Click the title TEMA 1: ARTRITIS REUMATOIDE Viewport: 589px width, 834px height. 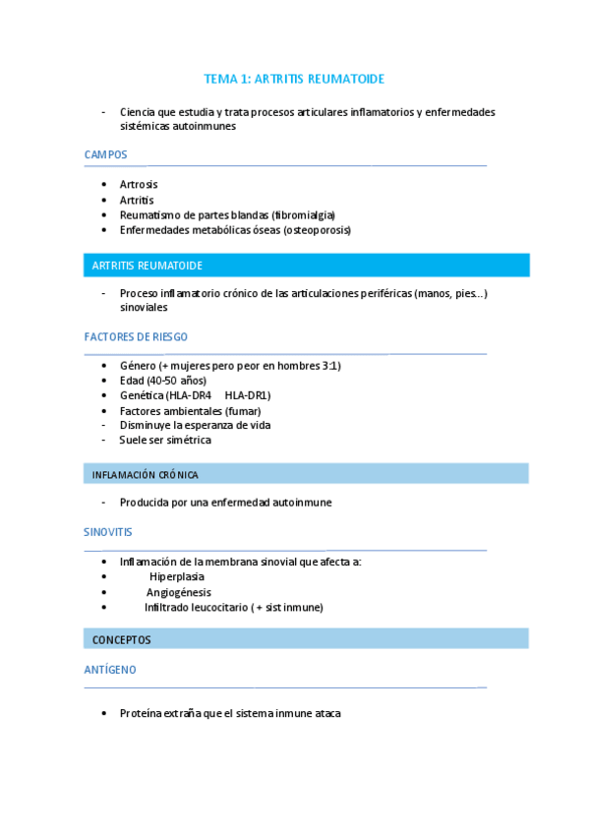[x=294, y=79]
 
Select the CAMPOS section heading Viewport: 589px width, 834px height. [x=106, y=154]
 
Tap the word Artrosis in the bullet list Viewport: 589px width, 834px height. [x=139, y=184]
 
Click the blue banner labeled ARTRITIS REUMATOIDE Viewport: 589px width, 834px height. [x=306, y=266]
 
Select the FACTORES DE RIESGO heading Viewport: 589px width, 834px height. [x=136, y=336]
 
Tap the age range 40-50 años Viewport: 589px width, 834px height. [x=178, y=381]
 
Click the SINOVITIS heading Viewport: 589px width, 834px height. [x=107, y=531]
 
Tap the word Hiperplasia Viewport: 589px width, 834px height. [x=177, y=576]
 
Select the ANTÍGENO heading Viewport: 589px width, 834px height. [x=110, y=669]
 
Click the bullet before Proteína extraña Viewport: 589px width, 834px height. [x=105, y=713]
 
